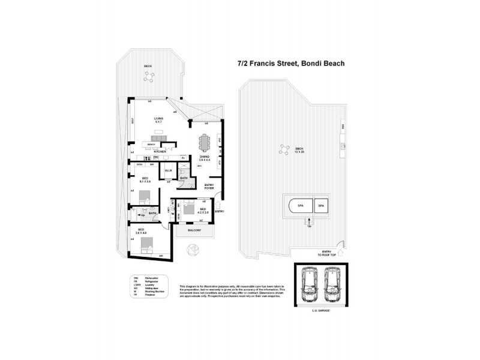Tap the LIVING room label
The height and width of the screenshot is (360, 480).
tap(158, 121)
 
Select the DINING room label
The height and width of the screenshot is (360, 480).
tap(204, 157)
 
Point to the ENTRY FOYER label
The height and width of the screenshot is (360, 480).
tap(209, 186)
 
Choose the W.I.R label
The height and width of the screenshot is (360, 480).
tap(169, 172)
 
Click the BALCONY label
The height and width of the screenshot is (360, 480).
tap(194, 230)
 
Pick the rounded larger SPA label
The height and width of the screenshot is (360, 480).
tap(300, 206)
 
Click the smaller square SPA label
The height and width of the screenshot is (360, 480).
tap(321, 206)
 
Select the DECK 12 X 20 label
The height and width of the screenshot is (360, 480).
tap(299, 150)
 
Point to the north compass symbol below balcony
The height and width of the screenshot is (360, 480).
tap(192, 250)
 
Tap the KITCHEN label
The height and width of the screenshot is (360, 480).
tap(159, 151)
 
